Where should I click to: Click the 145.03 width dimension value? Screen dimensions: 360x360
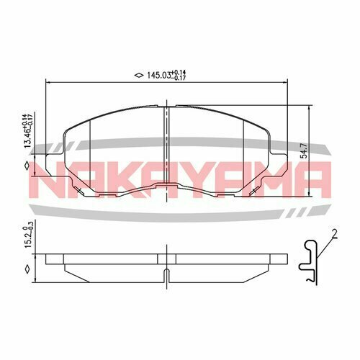point(158,75)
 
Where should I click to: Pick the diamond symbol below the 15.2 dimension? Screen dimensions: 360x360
point(27,270)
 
